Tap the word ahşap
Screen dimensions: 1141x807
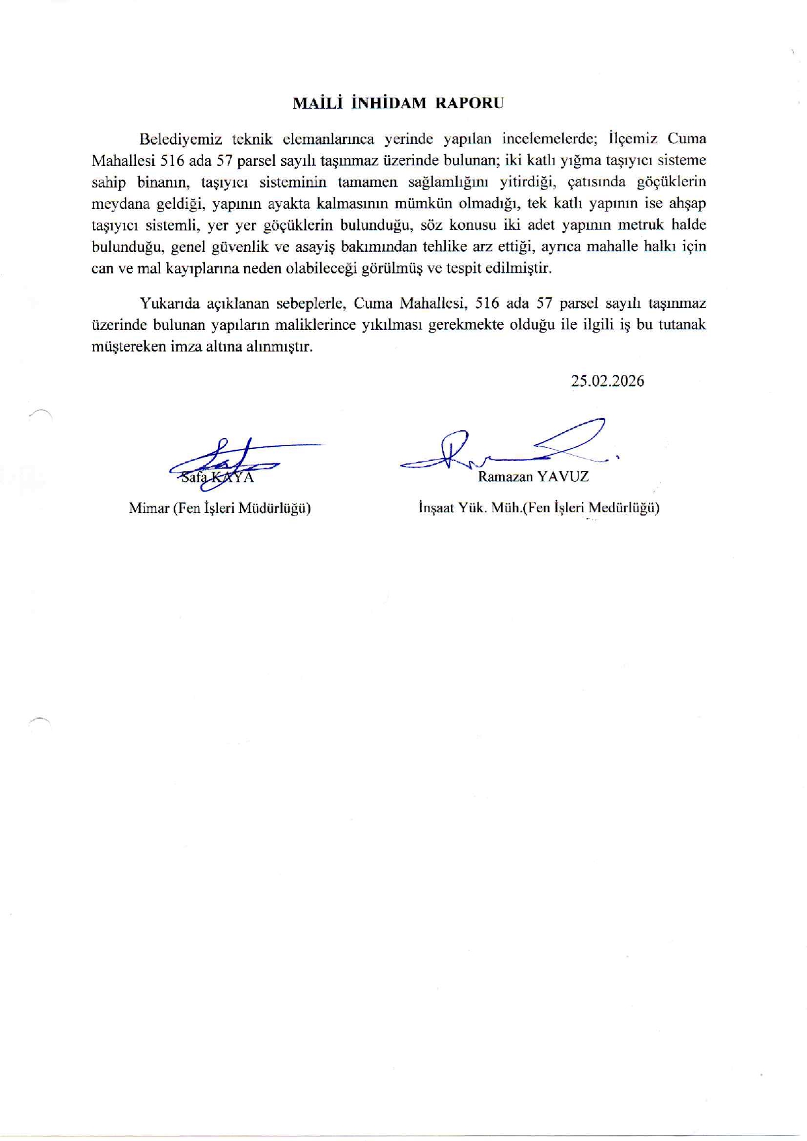(x=687, y=203)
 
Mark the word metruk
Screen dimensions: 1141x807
(x=618, y=225)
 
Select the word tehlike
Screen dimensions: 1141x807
(x=447, y=247)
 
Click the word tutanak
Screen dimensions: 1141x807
(x=682, y=325)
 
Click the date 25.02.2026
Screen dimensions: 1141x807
(x=608, y=381)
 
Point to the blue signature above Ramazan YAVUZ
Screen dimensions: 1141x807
(x=508, y=446)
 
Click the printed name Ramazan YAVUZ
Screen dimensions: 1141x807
(x=533, y=476)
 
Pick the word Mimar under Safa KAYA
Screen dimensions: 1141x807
(x=148, y=508)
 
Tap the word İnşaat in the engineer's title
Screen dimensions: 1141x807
(x=436, y=508)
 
